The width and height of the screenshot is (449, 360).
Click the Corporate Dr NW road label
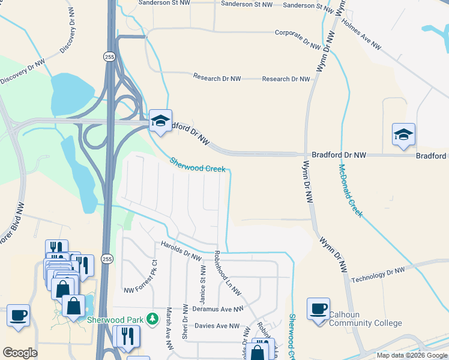(299, 38)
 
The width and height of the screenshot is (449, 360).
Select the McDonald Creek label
(351, 191)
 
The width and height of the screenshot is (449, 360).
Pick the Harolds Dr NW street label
(181, 251)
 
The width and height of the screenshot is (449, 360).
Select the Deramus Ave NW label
(218, 309)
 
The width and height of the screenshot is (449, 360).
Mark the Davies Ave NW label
(217, 326)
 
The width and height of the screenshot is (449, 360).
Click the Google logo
(20, 352)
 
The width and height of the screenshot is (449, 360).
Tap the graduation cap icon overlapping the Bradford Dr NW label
(160, 121)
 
